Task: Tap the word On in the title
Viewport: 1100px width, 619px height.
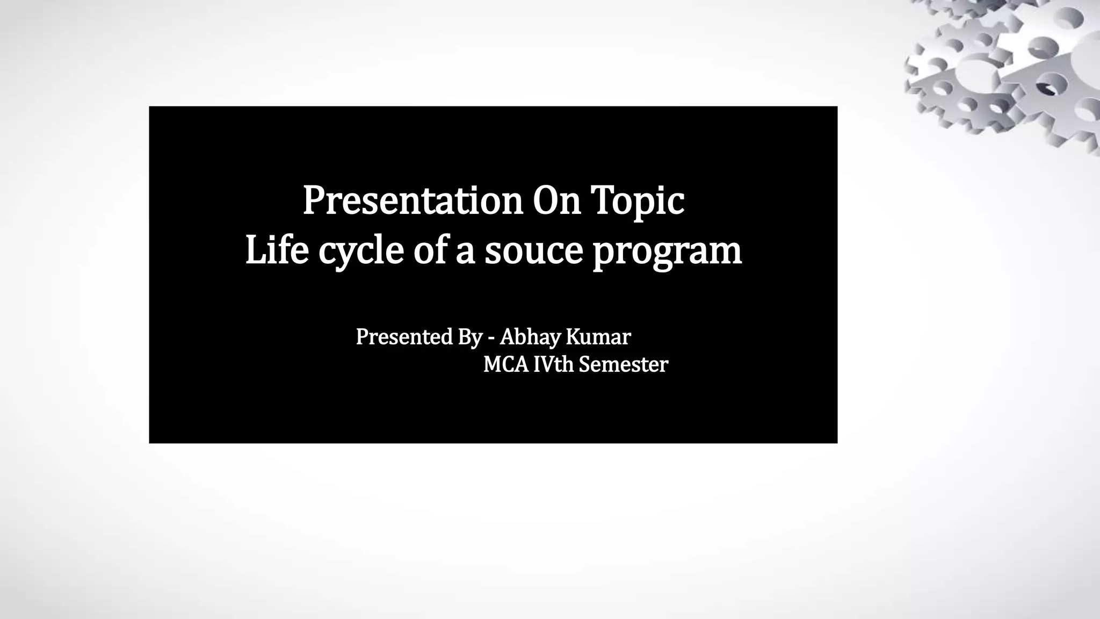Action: (556, 200)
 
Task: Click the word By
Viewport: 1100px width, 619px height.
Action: (470, 337)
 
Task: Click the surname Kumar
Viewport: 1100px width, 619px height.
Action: (598, 337)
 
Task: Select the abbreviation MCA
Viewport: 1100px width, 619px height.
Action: (506, 365)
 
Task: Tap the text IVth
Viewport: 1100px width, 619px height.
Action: (553, 365)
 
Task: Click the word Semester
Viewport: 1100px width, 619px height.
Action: (623, 365)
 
